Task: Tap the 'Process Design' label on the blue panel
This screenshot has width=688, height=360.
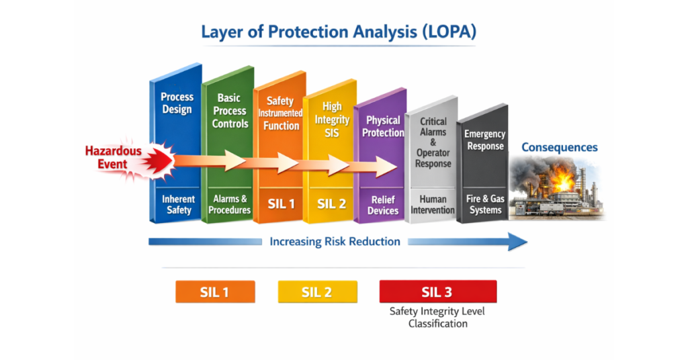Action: (x=177, y=103)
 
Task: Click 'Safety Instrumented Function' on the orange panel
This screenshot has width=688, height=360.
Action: (x=280, y=114)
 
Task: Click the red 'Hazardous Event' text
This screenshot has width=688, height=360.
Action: (x=113, y=157)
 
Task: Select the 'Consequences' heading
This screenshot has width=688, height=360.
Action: (x=559, y=147)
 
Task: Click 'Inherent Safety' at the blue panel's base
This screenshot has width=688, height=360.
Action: (x=178, y=204)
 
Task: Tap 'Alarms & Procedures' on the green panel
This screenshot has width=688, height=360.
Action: (x=230, y=204)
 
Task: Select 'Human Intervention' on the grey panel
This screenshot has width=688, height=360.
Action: (x=433, y=205)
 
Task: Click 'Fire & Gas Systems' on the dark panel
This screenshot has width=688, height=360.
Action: (x=485, y=204)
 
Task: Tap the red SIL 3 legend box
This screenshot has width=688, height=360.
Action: (x=437, y=292)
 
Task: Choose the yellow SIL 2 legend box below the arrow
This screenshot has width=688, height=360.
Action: (x=317, y=292)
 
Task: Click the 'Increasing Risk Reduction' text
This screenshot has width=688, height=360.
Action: (x=335, y=241)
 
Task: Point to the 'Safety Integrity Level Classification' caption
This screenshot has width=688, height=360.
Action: (x=437, y=317)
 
